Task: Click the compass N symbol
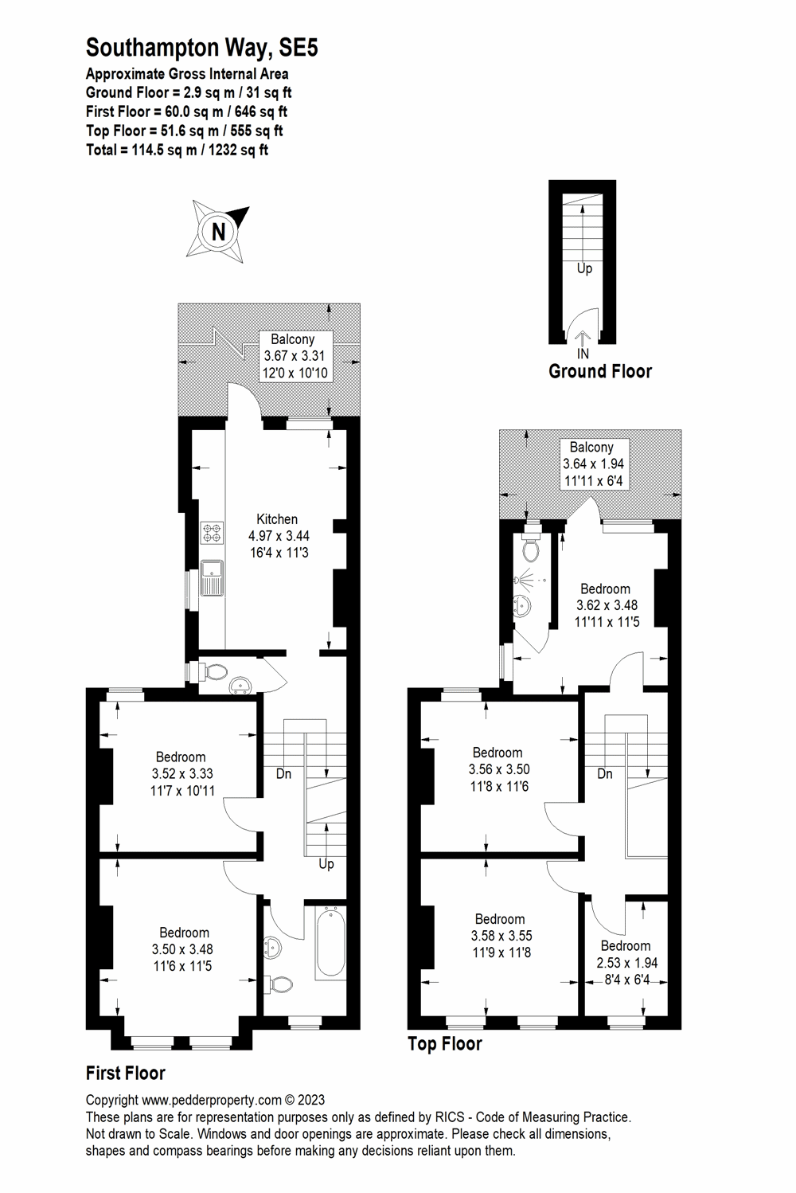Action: [218, 231]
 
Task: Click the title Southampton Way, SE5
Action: [201, 49]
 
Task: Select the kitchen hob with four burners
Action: [213, 532]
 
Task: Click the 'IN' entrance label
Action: [583, 353]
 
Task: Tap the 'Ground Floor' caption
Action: [599, 371]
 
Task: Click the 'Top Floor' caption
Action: [444, 1043]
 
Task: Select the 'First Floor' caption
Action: [125, 1073]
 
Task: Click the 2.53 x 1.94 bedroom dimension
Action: [626, 963]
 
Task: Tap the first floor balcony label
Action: [292, 339]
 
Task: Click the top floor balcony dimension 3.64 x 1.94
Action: [593, 464]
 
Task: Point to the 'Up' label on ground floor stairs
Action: [584, 268]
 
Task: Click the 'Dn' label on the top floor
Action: [604, 773]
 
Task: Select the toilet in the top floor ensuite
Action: [531, 549]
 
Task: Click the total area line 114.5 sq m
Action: [177, 150]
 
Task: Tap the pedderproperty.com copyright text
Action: [205, 1101]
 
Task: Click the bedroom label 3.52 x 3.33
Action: [181, 773]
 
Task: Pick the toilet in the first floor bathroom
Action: [279, 985]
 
